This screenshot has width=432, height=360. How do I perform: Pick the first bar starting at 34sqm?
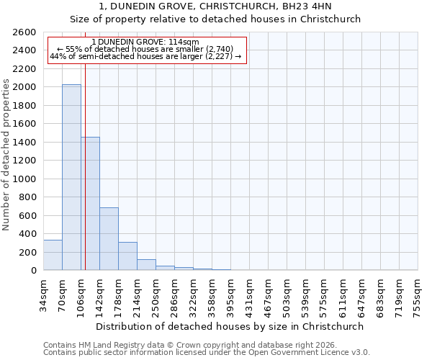click(53, 255)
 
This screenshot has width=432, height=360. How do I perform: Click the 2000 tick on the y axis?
click(25, 87)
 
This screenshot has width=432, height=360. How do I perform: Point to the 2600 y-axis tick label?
click(25, 32)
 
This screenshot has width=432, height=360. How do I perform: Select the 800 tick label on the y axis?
click(28, 197)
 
